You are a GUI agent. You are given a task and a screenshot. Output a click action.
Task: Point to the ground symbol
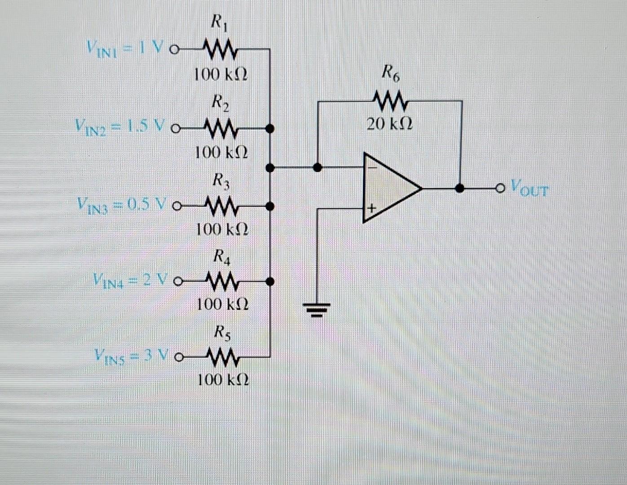(318, 309)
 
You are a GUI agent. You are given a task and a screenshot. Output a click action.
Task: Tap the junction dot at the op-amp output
(460, 188)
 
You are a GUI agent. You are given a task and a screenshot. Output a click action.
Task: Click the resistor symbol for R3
(220, 206)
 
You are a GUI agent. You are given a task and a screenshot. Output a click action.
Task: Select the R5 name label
(222, 333)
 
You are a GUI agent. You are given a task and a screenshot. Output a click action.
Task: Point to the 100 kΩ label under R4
(222, 305)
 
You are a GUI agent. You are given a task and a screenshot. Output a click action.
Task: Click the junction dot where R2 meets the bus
(270, 128)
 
